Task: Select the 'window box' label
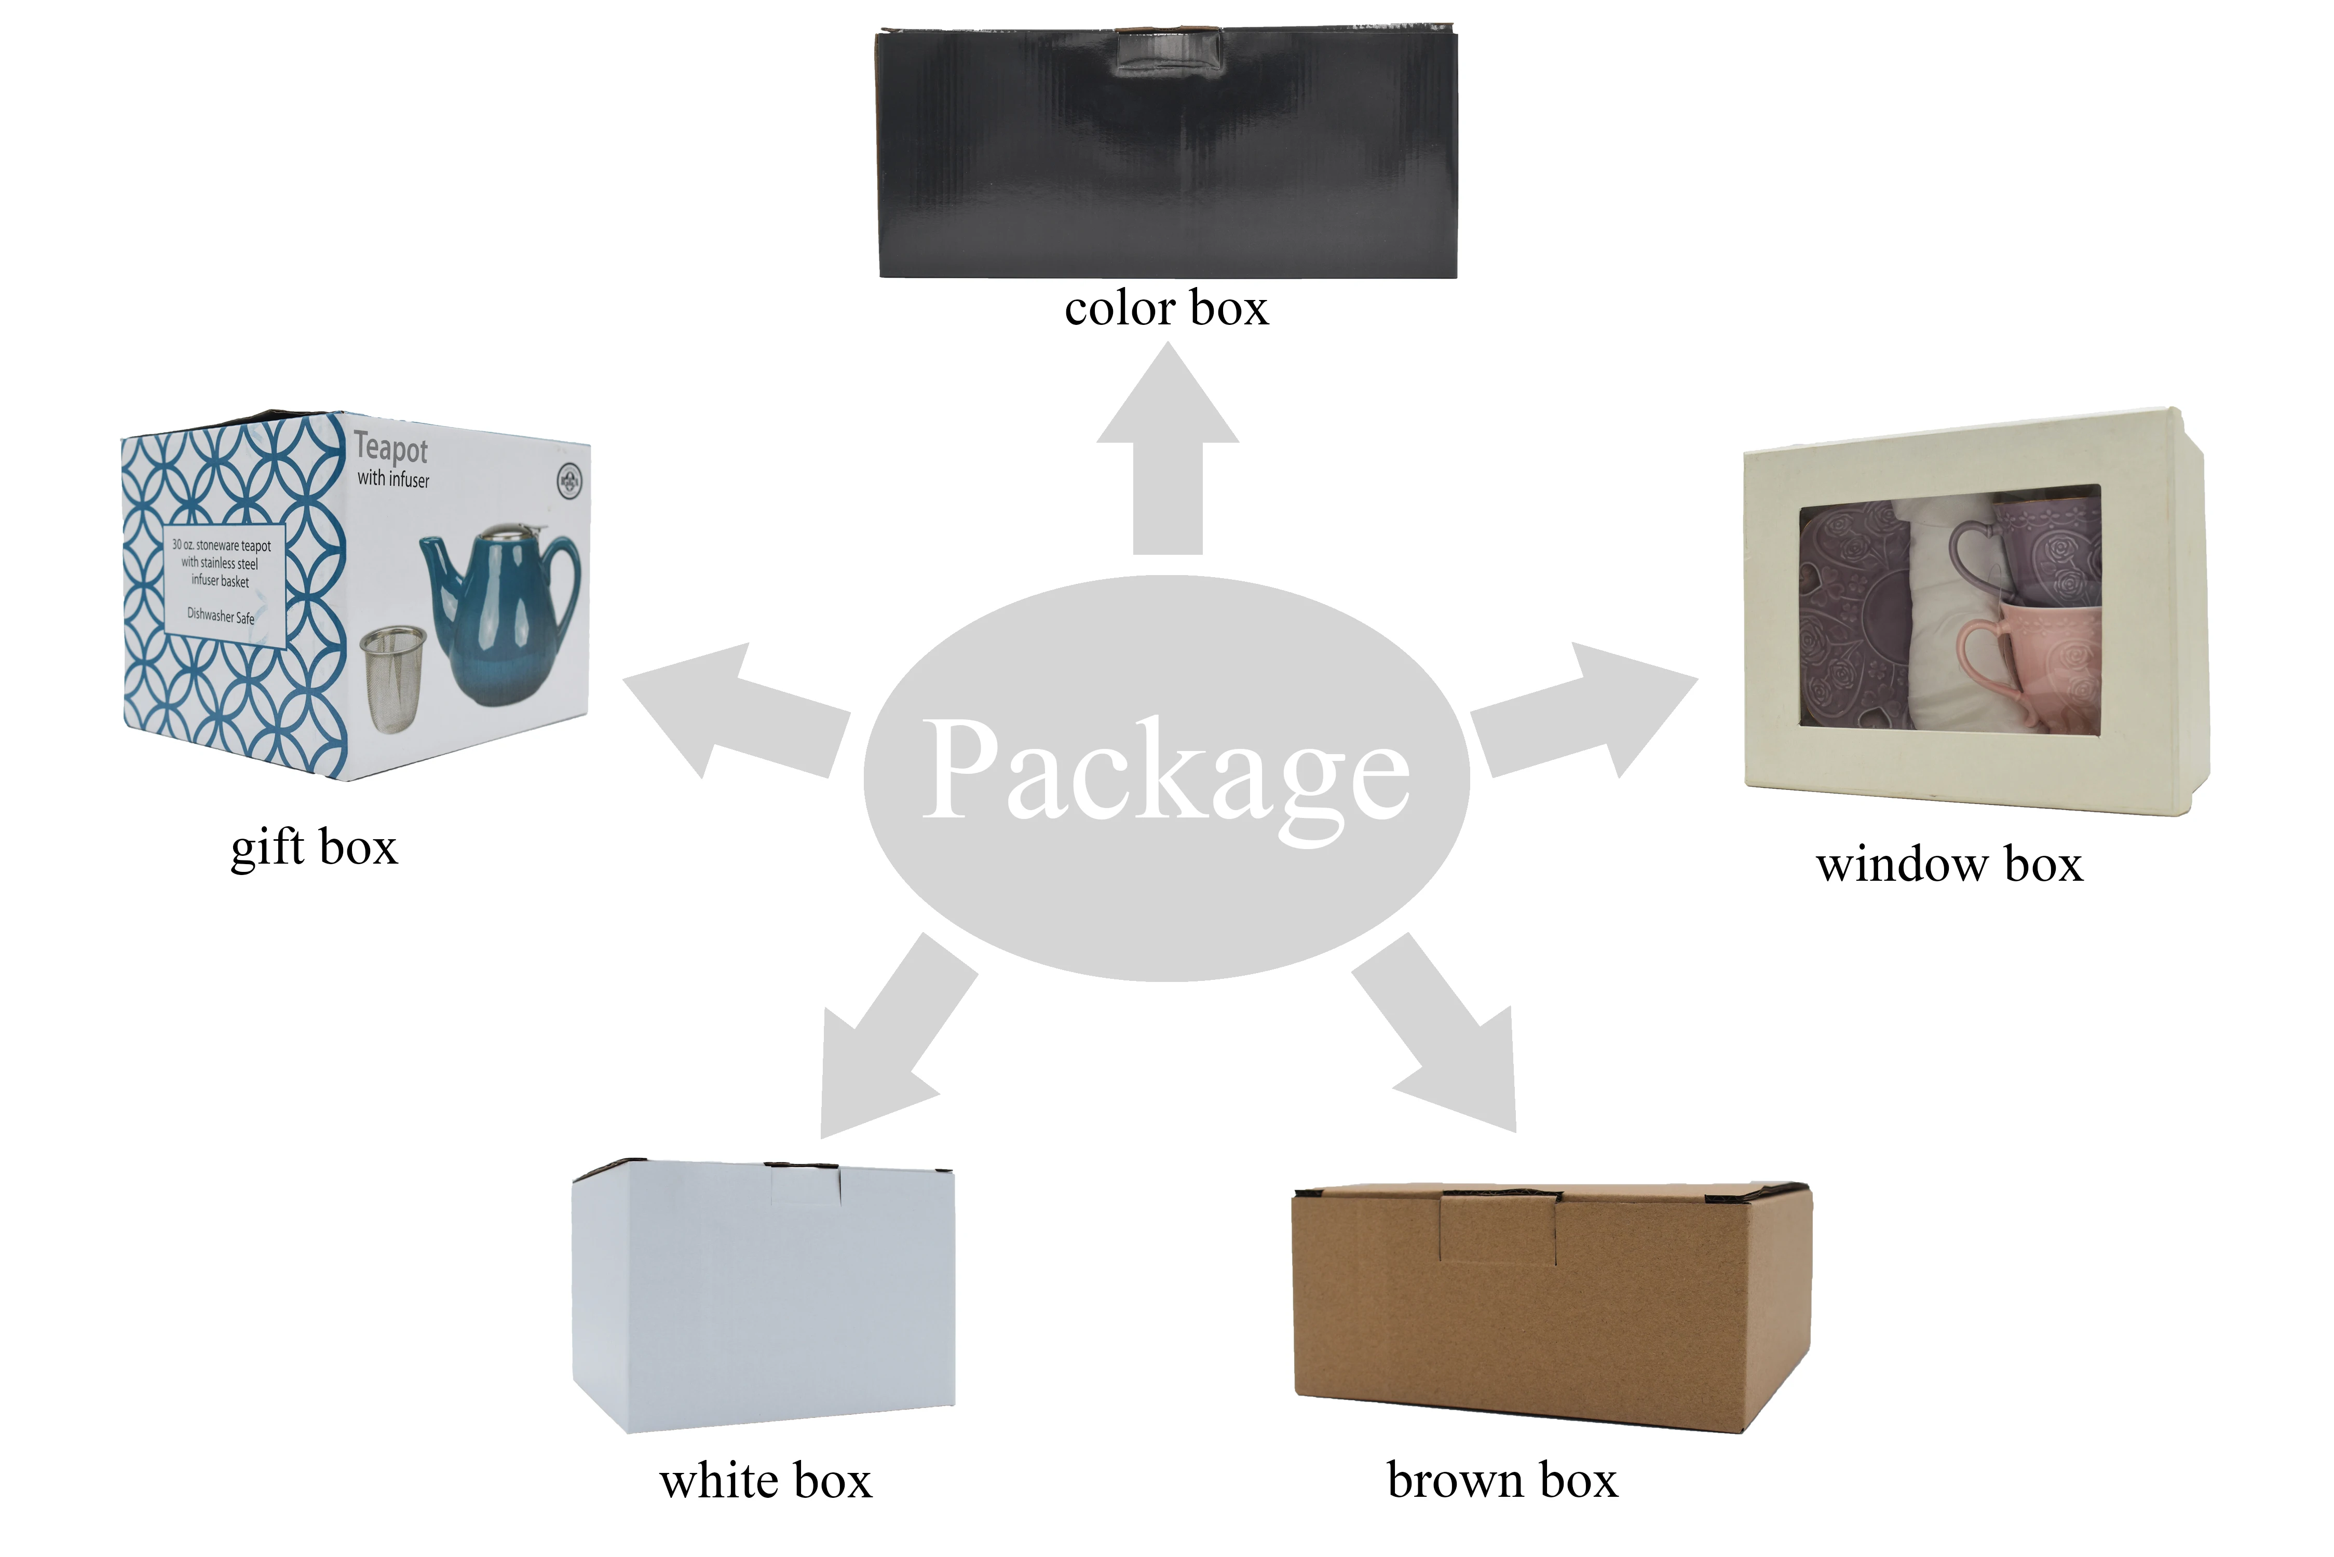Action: tap(1949, 865)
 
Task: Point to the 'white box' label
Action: tap(766, 1481)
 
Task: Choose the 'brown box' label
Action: tap(1502, 1481)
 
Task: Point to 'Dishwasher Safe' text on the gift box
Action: tap(221, 616)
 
